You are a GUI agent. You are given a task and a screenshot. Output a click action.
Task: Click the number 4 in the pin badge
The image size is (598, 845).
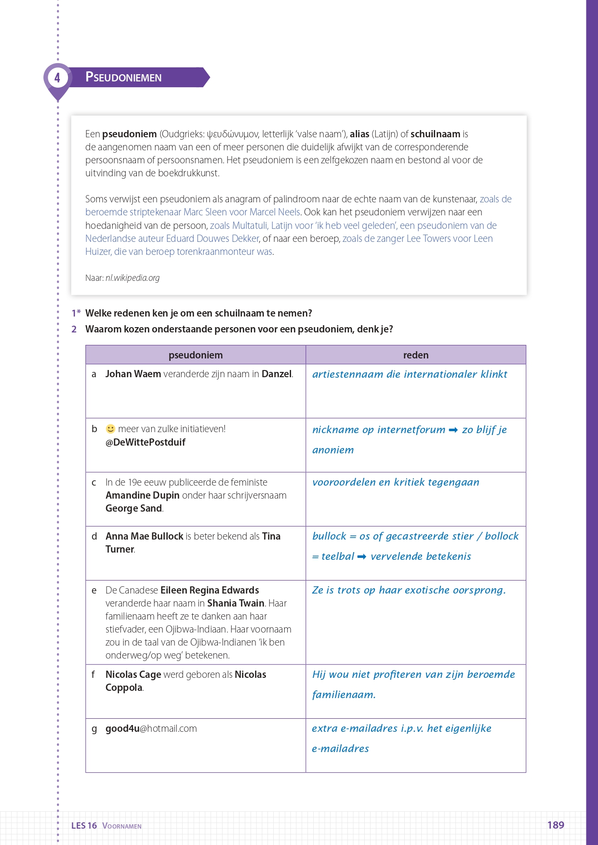57,78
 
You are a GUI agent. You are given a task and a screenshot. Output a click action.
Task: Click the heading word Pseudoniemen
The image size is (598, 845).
123,77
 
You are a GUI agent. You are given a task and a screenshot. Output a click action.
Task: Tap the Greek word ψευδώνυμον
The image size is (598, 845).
233,134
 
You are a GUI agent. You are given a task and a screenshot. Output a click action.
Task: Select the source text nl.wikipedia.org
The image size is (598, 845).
133,278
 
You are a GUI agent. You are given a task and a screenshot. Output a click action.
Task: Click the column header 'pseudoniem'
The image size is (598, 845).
196,355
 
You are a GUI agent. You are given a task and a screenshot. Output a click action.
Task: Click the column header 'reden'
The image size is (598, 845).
415,355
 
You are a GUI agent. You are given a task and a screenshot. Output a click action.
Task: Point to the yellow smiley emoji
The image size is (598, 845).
110,429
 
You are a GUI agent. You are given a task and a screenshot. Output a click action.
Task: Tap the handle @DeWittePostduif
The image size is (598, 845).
146,442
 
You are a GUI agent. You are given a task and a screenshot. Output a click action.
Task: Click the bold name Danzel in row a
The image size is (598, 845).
277,374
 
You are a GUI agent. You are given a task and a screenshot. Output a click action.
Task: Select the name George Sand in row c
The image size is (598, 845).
133,508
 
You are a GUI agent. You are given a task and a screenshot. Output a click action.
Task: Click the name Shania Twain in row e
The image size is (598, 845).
236,603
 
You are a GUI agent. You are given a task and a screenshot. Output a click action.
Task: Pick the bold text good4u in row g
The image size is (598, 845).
122,728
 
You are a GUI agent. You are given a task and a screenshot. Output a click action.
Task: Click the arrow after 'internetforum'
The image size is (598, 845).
453,430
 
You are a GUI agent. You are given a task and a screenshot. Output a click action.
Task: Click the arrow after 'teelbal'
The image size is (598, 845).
362,556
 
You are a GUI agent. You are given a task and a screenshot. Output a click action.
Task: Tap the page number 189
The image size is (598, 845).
556,825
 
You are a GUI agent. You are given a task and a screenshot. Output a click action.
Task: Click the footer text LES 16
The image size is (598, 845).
84,826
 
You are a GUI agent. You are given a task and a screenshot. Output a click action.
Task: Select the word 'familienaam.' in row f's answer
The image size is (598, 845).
344,695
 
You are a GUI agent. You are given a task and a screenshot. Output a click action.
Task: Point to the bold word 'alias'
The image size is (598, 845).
359,134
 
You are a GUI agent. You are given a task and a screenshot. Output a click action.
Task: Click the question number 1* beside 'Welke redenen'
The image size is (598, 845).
76,313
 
